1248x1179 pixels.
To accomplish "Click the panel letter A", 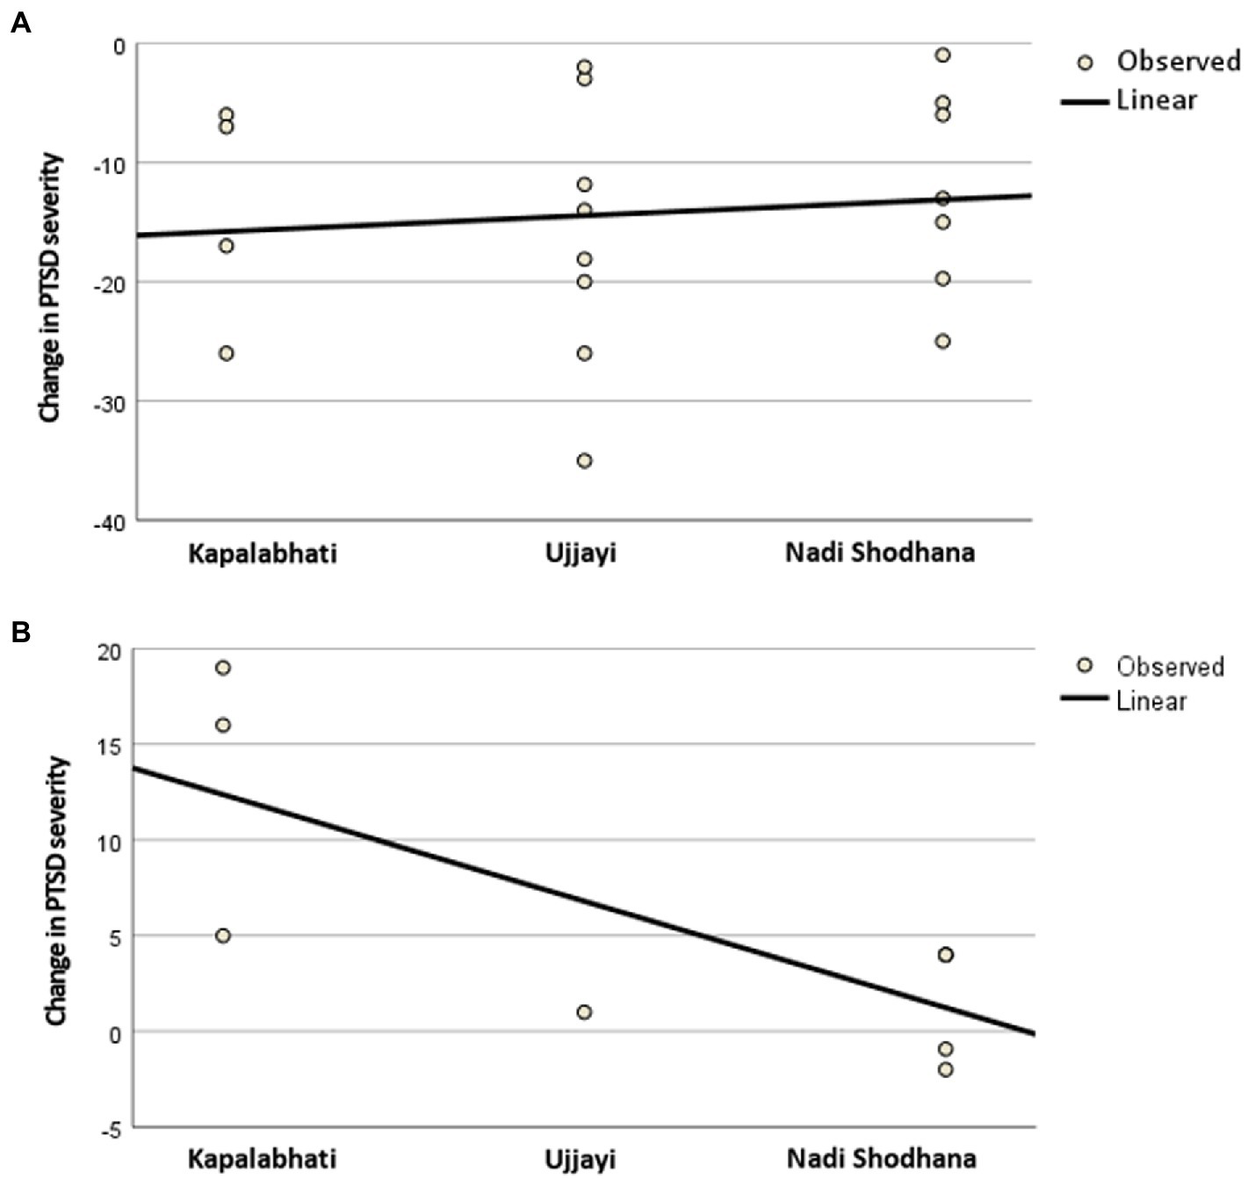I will click(x=19, y=23).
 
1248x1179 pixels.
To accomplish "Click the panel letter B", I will click(x=19, y=632).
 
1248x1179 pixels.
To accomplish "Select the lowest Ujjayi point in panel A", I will click(x=584, y=460).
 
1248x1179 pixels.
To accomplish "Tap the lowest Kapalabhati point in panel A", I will click(x=226, y=353).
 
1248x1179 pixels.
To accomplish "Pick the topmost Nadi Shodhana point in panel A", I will click(x=942, y=55).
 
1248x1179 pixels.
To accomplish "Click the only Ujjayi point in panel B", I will click(x=584, y=1012).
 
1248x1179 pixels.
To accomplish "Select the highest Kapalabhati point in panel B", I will click(x=223, y=668).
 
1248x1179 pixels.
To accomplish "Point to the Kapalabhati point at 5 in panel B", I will click(x=223, y=936).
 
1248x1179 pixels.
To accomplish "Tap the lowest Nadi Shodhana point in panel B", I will click(x=945, y=1069).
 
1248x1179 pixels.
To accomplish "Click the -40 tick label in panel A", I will click(x=109, y=522).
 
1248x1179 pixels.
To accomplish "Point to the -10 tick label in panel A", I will click(x=109, y=164).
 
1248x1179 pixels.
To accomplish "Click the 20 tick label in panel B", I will click(x=109, y=651).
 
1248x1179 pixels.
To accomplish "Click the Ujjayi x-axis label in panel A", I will click(x=581, y=553).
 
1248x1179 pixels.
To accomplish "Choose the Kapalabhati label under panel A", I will click(x=262, y=553).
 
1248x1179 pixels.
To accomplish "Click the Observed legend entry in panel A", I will click(x=1177, y=61).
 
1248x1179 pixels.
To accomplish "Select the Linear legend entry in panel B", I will click(x=1151, y=701).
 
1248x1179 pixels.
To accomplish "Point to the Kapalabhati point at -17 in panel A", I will click(x=226, y=246).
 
